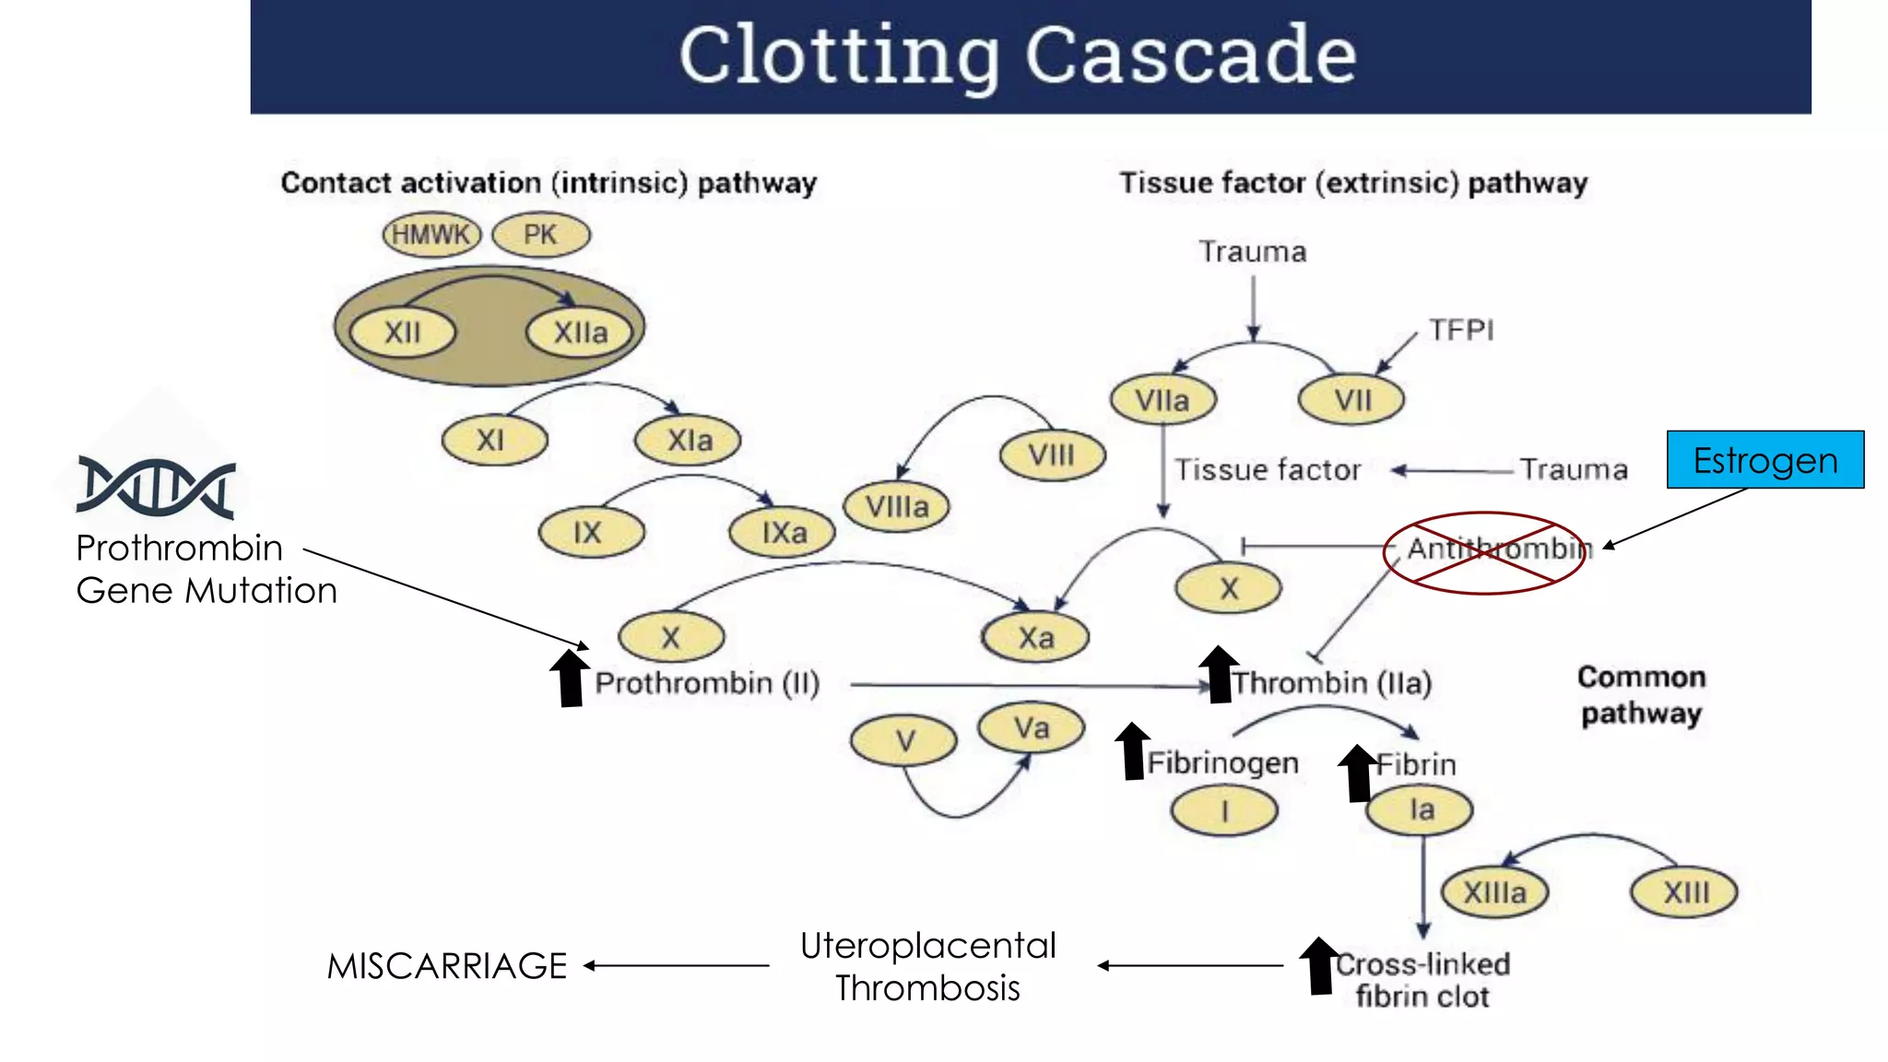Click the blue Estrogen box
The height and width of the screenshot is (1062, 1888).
tap(1764, 459)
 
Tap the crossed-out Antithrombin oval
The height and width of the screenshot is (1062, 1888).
tap(1484, 552)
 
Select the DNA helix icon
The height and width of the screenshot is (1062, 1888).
tap(156, 487)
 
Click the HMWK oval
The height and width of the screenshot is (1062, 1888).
tap(431, 235)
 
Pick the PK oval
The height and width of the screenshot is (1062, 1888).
tap(540, 235)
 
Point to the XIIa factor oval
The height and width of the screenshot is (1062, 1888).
tap(580, 332)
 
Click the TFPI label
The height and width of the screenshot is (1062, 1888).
tap(1460, 330)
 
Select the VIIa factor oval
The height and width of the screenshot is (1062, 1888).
tap(1162, 400)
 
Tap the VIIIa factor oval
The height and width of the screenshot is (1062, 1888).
tap(896, 506)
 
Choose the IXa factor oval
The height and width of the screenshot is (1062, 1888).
tap(783, 533)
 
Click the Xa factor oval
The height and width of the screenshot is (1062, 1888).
tap(1035, 637)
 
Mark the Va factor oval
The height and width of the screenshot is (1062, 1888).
tap(1032, 727)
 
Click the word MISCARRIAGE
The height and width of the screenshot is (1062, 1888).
tap(447, 965)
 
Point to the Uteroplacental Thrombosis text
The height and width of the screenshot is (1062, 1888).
tap(927, 966)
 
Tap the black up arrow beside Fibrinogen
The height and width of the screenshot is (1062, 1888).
tap(1132, 751)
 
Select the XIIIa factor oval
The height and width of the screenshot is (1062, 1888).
tap(1494, 892)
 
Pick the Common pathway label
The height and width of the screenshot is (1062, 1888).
tap(1641, 694)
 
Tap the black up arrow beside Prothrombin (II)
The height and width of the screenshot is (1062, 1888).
tap(570, 678)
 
